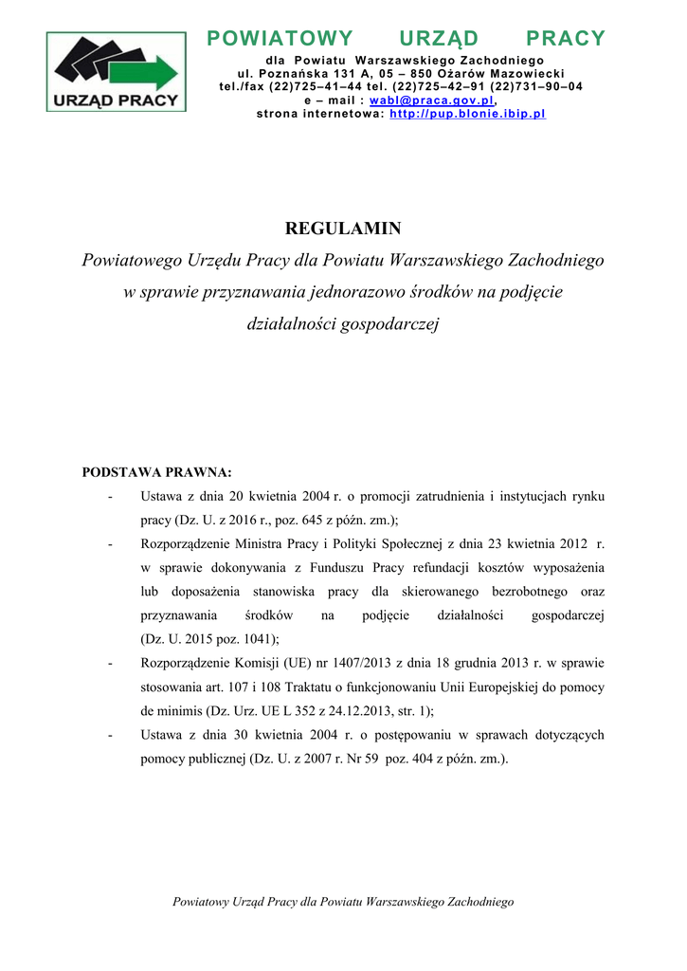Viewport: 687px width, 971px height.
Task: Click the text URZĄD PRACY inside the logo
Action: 117,99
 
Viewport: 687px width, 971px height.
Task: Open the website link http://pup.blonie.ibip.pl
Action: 468,114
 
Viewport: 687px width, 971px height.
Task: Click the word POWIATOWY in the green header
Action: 280,39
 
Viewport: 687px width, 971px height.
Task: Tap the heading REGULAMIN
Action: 343,229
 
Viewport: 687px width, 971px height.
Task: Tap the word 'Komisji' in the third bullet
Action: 264,663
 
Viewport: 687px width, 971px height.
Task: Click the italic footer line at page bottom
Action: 343,902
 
